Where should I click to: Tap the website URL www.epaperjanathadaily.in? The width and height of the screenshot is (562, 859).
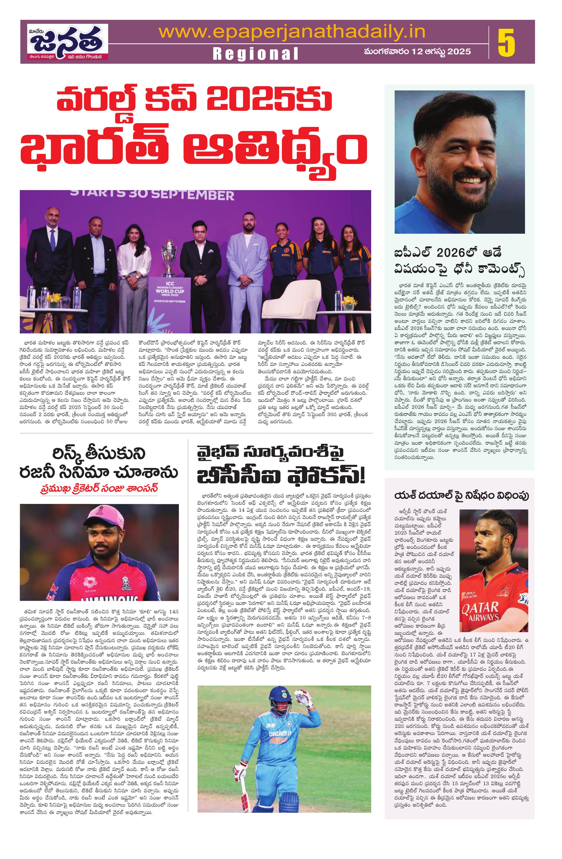tap(292, 33)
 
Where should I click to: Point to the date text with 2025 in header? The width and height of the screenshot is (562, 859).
tap(417, 52)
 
